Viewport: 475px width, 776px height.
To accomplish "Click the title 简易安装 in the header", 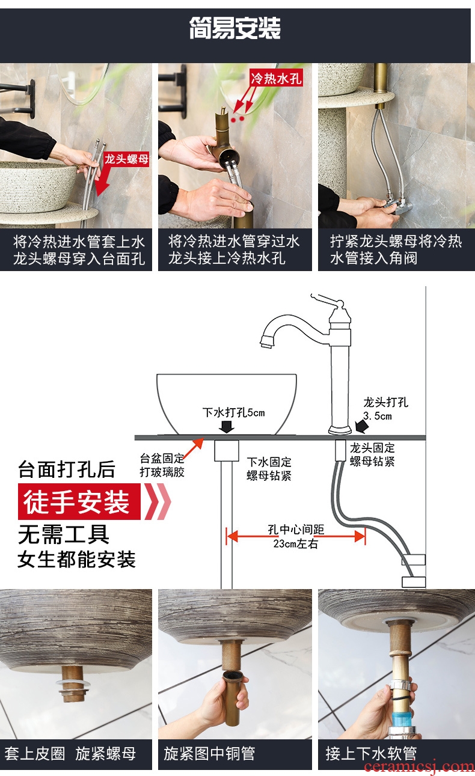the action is pos(235,28).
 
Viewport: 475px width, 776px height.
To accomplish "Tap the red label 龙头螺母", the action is pos(126,159).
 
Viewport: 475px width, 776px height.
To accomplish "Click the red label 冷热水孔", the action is pos(276,78).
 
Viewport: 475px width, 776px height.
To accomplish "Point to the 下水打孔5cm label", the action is pos(233,412).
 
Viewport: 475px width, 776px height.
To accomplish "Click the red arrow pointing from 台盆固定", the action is pos(194,448).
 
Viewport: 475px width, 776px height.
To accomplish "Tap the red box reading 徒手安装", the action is pos(79,501).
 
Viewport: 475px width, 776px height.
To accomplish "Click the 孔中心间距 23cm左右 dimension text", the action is pos(296,536).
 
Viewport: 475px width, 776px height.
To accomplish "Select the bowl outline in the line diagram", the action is pos(227,404).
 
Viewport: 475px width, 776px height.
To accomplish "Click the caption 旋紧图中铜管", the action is pos(209,754).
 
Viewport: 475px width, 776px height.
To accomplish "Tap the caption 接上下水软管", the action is pos(371,754).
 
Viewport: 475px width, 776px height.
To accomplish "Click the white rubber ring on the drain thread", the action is pos(73,684).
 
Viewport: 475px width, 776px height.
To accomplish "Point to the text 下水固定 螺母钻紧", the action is pos(269,468).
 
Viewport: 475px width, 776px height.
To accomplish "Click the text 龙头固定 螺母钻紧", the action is pos(372,454).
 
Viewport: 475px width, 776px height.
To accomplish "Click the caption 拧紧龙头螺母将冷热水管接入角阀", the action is pos(396,249).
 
